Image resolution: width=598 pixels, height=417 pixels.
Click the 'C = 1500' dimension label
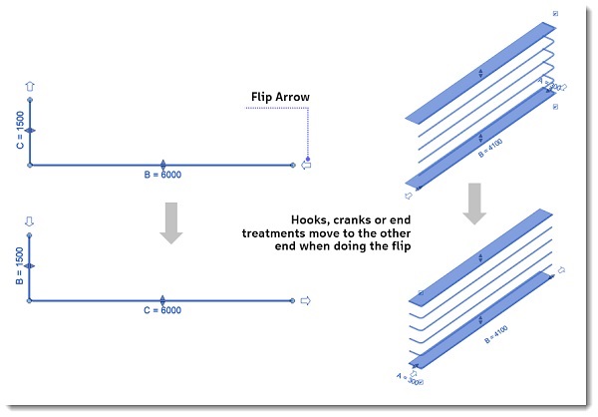[x=19, y=131]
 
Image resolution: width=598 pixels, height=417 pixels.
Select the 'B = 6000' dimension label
[x=162, y=174]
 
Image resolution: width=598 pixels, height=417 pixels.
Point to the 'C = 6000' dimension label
[x=162, y=309]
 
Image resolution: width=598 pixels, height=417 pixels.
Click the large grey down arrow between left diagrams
[x=172, y=222]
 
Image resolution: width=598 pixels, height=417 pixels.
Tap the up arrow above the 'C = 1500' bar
[x=30, y=88]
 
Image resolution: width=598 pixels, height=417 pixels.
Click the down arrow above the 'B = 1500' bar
[x=30, y=220]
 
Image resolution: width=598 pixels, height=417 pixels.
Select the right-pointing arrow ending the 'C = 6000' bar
[x=307, y=299]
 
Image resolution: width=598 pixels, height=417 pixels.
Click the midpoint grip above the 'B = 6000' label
[x=162, y=162]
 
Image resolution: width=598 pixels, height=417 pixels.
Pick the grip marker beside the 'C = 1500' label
[x=30, y=131]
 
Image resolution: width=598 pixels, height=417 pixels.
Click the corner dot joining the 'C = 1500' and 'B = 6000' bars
[x=30, y=165]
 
